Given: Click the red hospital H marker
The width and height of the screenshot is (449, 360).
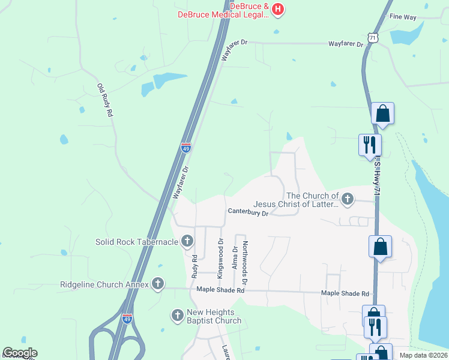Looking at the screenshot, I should (x=277, y=8).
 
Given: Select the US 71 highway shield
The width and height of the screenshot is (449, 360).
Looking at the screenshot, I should (x=373, y=37).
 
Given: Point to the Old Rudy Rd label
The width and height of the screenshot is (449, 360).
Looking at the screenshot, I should (x=105, y=100).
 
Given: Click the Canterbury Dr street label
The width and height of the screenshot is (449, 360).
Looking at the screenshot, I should (x=247, y=211).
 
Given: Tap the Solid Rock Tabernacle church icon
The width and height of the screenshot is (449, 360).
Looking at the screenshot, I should (x=187, y=242).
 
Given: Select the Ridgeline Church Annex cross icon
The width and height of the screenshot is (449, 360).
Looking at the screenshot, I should (x=158, y=284).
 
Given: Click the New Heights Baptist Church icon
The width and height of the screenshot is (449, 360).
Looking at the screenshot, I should (x=177, y=314).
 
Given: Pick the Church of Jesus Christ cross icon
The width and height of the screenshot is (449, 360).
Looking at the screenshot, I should (x=347, y=198).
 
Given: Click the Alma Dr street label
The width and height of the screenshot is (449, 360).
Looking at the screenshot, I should (x=235, y=257).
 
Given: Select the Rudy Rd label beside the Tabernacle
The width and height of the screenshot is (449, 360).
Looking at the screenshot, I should (x=194, y=265).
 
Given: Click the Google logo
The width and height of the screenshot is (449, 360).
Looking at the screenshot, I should (x=19, y=353).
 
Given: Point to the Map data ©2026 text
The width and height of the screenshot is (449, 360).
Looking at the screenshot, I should (x=423, y=355).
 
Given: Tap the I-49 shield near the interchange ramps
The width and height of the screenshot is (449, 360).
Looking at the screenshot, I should (x=127, y=319).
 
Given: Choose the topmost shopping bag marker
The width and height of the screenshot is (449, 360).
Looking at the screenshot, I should (x=382, y=113).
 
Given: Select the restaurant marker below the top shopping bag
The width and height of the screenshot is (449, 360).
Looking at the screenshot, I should (x=369, y=145).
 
